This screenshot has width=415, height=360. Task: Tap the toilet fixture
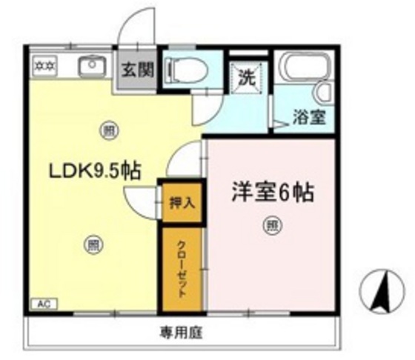point(180,72)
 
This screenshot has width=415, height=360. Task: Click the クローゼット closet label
point(181,268)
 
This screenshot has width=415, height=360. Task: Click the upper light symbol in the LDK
point(108,131)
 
